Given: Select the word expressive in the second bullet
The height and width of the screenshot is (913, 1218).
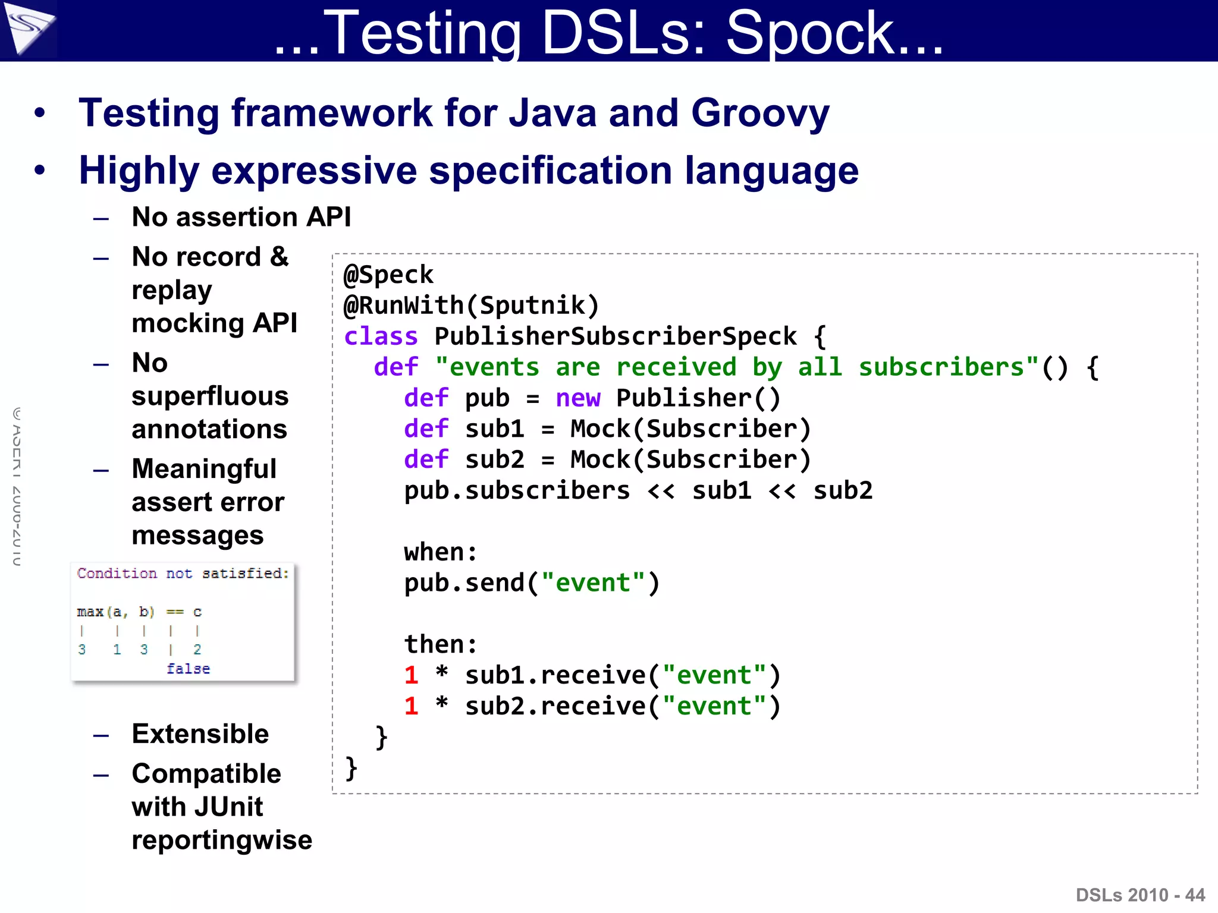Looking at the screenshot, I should point(314,171).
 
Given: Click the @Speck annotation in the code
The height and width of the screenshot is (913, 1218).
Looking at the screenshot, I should point(388,275).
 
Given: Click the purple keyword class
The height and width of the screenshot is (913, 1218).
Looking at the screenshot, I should point(381,336).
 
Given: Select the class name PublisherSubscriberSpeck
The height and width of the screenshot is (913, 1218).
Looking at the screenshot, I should point(615,336).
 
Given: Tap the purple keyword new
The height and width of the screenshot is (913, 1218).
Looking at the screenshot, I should point(577,398).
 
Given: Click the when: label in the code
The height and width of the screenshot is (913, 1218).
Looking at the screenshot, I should point(440,552).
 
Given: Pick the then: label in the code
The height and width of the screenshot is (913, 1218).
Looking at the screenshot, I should point(440,644).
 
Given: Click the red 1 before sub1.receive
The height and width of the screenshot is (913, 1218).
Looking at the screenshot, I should point(411,675).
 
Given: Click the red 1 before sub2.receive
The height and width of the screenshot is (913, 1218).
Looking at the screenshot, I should point(411,706).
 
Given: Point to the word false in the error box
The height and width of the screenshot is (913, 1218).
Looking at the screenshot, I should point(188,669).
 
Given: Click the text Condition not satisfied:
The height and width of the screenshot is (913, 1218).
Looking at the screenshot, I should point(183,574).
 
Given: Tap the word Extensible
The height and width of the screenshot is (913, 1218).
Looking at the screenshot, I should point(200,734).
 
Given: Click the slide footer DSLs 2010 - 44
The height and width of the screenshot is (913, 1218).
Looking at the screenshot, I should point(1140,895).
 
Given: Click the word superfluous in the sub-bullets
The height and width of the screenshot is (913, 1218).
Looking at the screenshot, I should point(210,396).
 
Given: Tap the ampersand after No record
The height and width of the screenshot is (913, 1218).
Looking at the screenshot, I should point(279,257).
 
